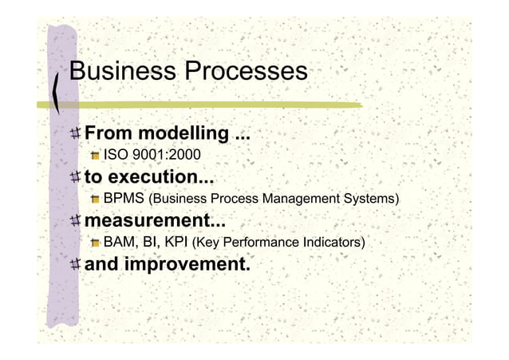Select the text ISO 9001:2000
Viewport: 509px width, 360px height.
click(x=152, y=154)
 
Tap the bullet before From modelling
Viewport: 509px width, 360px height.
click(x=74, y=132)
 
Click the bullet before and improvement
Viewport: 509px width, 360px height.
click(x=74, y=263)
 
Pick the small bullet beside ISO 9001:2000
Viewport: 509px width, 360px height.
click(x=95, y=155)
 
